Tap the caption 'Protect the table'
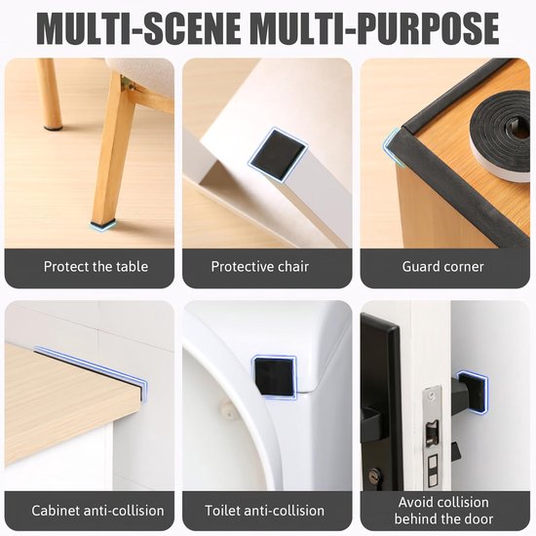pyautogui.click(x=96, y=267)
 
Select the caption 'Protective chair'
pyautogui.click(x=260, y=267)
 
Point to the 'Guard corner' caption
pyautogui.click(x=443, y=267)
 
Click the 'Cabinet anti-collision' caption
pyautogui.click(x=97, y=511)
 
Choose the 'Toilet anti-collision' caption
pyautogui.click(x=264, y=511)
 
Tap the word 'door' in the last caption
pyautogui.click(x=479, y=518)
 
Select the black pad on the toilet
pyautogui.click(x=274, y=376)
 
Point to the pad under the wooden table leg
pyautogui.click(x=103, y=224)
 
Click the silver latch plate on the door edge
pyautogui.click(x=433, y=437)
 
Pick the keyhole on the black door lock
pyautogui.click(x=373, y=477)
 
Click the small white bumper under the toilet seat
pyautogui.click(x=225, y=410)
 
